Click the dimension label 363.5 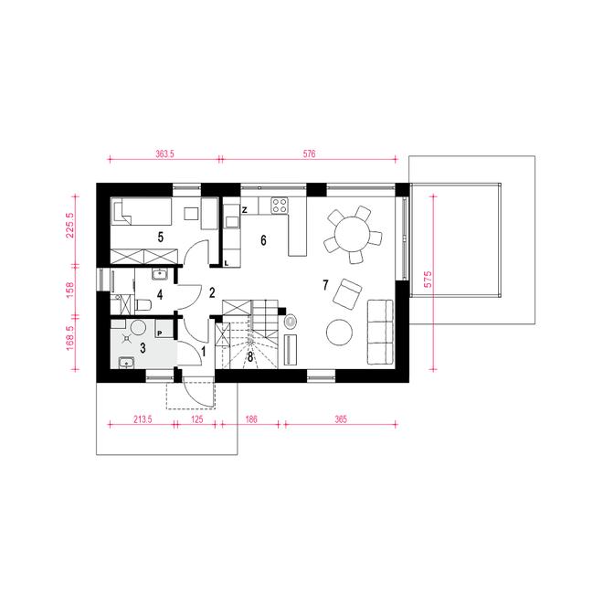click(164, 153)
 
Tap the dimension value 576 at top click(309, 153)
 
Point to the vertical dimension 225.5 click(70, 226)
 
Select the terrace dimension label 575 click(428, 280)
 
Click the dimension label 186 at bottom click(250, 418)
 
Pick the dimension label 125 click(196, 418)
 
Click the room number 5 click(161, 238)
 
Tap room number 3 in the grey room click(143, 348)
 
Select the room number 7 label click(326, 285)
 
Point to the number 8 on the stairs click(250, 357)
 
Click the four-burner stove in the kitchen click(280, 205)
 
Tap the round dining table click(352, 234)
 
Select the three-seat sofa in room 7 click(380, 332)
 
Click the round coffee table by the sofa click(339, 333)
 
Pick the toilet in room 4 click(143, 305)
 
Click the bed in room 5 click(141, 212)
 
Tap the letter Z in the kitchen click(244, 210)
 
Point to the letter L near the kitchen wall click(227, 263)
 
